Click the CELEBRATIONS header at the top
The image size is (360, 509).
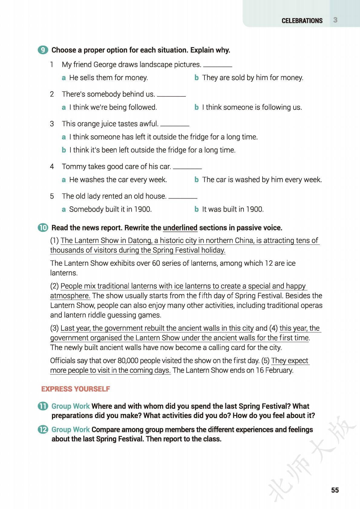click(302, 21)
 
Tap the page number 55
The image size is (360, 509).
click(335, 490)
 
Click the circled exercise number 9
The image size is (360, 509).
click(43, 50)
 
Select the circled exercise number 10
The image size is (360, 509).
click(43, 228)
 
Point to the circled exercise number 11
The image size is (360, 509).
click(43, 406)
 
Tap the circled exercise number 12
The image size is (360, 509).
click(43, 429)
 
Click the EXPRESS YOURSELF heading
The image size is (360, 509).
click(75, 389)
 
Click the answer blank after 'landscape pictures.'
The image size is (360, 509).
click(218, 65)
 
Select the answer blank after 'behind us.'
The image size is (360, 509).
click(171, 95)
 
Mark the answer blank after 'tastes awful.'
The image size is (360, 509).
click(175, 125)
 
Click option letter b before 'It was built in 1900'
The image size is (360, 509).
click(196, 209)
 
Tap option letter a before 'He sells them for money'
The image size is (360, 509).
click(64, 78)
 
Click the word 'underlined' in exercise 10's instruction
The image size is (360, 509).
click(180, 228)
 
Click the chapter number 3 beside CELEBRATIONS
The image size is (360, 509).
click(335, 20)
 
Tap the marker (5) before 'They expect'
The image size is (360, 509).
click(265, 361)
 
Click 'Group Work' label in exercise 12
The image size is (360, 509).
click(70, 429)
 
